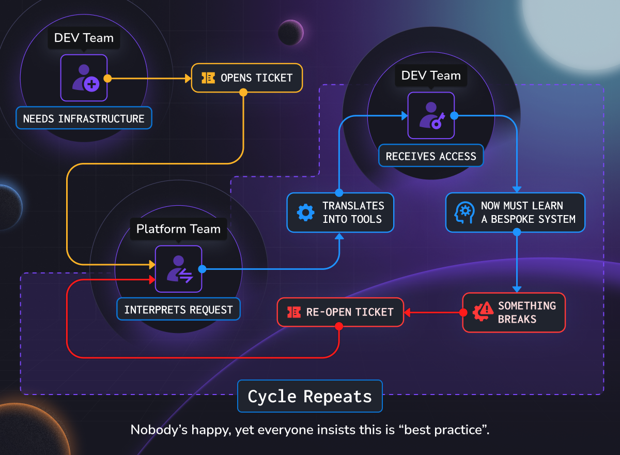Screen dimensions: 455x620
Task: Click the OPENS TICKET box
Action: click(x=246, y=78)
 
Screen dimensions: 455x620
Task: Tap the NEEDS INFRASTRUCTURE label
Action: click(x=84, y=118)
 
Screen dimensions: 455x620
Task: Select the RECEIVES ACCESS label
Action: click(x=431, y=156)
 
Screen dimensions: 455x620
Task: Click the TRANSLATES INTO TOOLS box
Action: click(x=340, y=213)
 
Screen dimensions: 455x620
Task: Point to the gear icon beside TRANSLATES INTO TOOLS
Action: click(x=306, y=213)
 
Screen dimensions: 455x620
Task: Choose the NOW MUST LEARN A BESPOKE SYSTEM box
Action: click(x=515, y=213)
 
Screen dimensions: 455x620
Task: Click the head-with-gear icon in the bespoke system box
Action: click(x=464, y=213)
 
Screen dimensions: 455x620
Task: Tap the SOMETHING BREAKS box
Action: click(x=514, y=312)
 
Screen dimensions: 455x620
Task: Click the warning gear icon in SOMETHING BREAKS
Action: click(x=483, y=312)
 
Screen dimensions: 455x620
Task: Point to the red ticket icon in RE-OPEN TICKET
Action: click(x=293, y=312)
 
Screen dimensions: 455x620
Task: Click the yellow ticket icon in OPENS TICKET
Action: click(x=208, y=78)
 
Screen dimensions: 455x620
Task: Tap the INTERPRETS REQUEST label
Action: click(x=178, y=310)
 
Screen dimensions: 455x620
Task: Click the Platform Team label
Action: click(x=178, y=229)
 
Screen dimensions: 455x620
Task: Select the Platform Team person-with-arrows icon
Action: click(x=179, y=269)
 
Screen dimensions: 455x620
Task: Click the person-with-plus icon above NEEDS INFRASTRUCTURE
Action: click(x=84, y=78)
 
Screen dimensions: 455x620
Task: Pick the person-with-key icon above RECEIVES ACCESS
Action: click(x=431, y=115)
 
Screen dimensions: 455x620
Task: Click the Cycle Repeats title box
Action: click(x=309, y=397)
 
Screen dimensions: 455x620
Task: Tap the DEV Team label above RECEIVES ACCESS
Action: click(x=431, y=75)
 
